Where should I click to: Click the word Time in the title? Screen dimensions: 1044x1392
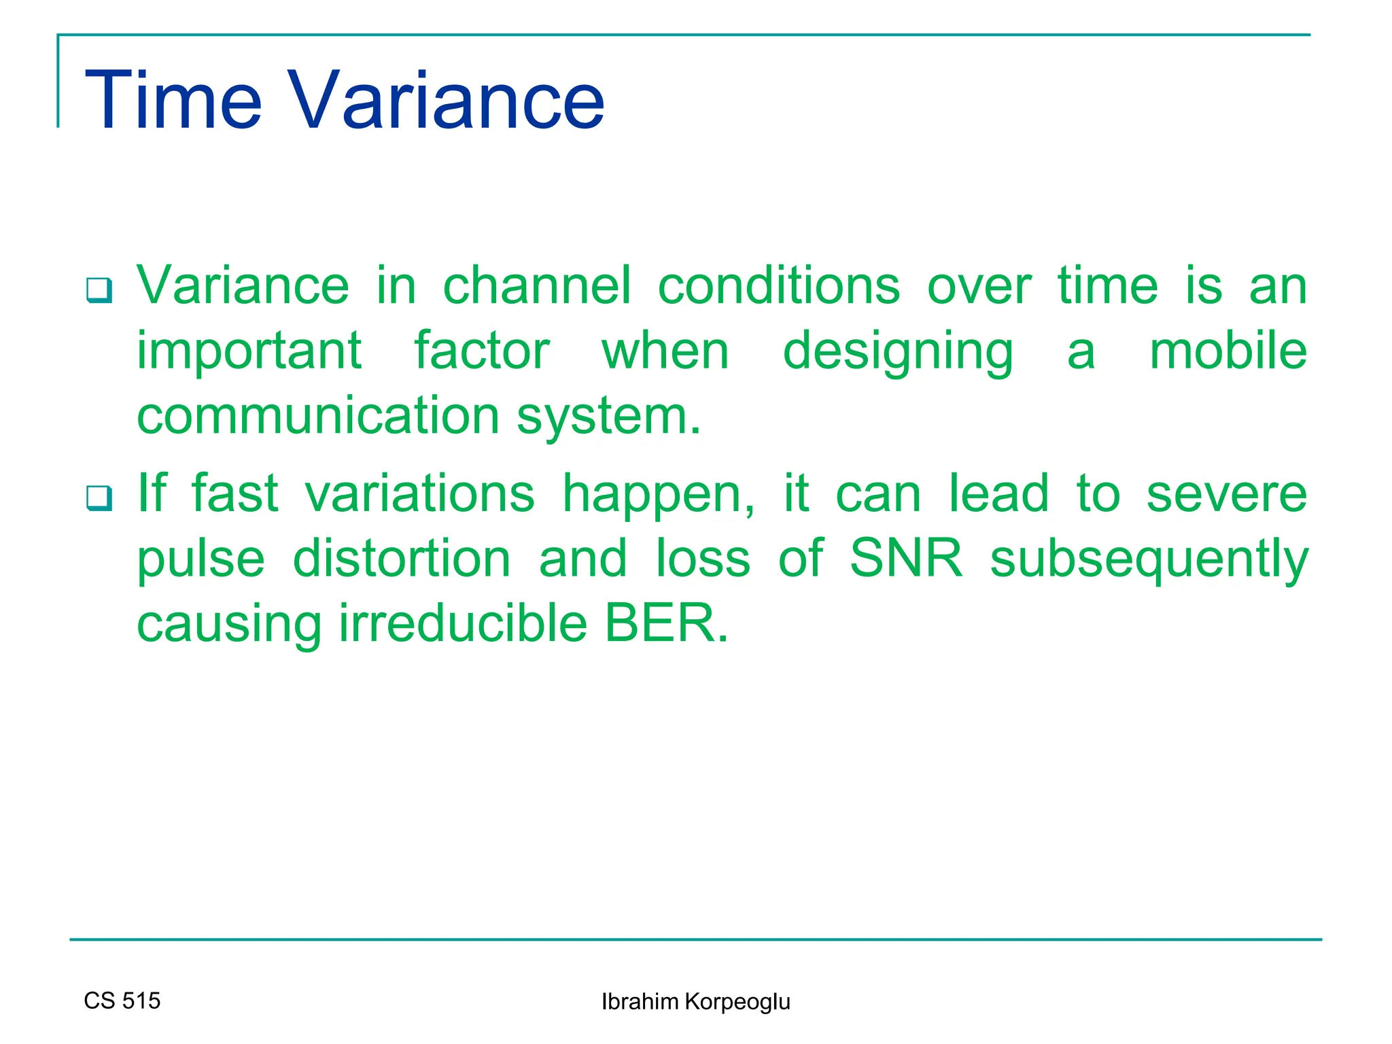(x=173, y=101)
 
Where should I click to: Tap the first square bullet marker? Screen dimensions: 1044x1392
(x=99, y=290)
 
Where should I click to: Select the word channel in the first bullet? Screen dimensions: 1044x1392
(x=537, y=286)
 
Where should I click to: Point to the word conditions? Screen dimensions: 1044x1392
(x=779, y=286)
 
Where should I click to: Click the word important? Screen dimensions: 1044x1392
(x=249, y=351)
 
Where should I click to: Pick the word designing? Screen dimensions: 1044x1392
(x=898, y=351)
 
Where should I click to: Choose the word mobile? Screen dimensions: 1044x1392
(x=1228, y=351)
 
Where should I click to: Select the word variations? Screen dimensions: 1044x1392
(x=419, y=494)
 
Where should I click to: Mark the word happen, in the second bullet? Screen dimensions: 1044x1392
(x=658, y=494)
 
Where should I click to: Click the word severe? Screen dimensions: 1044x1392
(x=1226, y=494)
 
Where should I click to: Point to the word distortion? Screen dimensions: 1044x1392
(x=402, y=559)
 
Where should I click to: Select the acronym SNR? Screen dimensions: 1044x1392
(x=906, y=559)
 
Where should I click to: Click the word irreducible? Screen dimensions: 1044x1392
(x=463, y=624)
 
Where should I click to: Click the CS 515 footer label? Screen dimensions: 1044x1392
(x=122, y=1000)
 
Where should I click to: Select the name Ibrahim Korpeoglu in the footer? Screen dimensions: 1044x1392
(x=695, y=1002)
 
